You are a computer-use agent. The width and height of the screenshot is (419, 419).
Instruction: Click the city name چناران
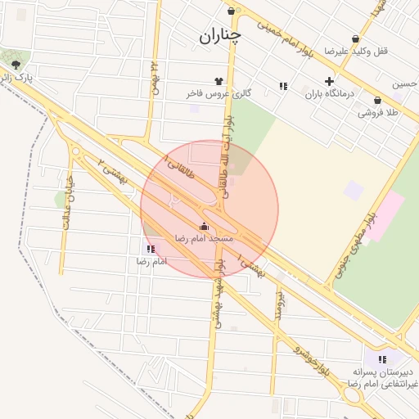221,36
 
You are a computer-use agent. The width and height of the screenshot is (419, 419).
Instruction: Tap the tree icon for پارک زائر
16,65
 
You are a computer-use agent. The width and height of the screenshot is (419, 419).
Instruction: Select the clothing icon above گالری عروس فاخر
219,81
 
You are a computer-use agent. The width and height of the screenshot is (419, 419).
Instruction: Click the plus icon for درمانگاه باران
329,81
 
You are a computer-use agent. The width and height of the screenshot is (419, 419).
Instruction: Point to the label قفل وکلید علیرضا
356,51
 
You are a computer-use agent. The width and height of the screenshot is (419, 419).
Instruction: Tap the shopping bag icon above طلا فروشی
377,101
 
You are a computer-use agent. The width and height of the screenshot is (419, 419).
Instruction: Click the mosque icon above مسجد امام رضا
204,225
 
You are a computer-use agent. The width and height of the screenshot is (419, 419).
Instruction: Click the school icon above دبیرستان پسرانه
381,359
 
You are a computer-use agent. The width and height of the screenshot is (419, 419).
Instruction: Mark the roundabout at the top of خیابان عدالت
76,151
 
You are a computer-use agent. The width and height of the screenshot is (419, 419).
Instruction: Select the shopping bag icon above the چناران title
232,11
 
